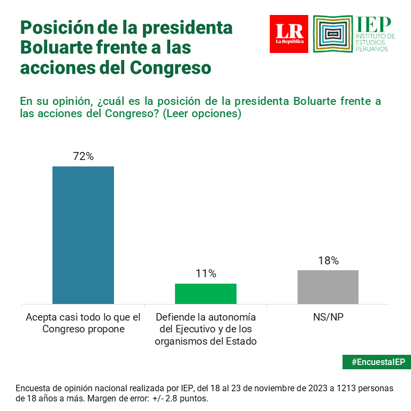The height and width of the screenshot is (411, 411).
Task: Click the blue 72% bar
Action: click(83, 235)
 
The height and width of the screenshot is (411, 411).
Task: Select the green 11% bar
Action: click(205, 294)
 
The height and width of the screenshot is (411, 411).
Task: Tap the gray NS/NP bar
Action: click(328, 287)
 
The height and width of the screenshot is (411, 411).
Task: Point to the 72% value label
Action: click(83, 156)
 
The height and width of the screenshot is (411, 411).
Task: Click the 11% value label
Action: click(205, 273)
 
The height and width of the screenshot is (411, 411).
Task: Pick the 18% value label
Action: click(328, 261)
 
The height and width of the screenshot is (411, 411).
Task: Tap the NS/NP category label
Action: click(328, 317)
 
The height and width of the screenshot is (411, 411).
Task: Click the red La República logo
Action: click(289, 34)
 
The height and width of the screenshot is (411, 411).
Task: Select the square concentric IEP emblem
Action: click(333, 34)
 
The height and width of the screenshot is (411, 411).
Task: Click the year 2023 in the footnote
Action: click(307, 388)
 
